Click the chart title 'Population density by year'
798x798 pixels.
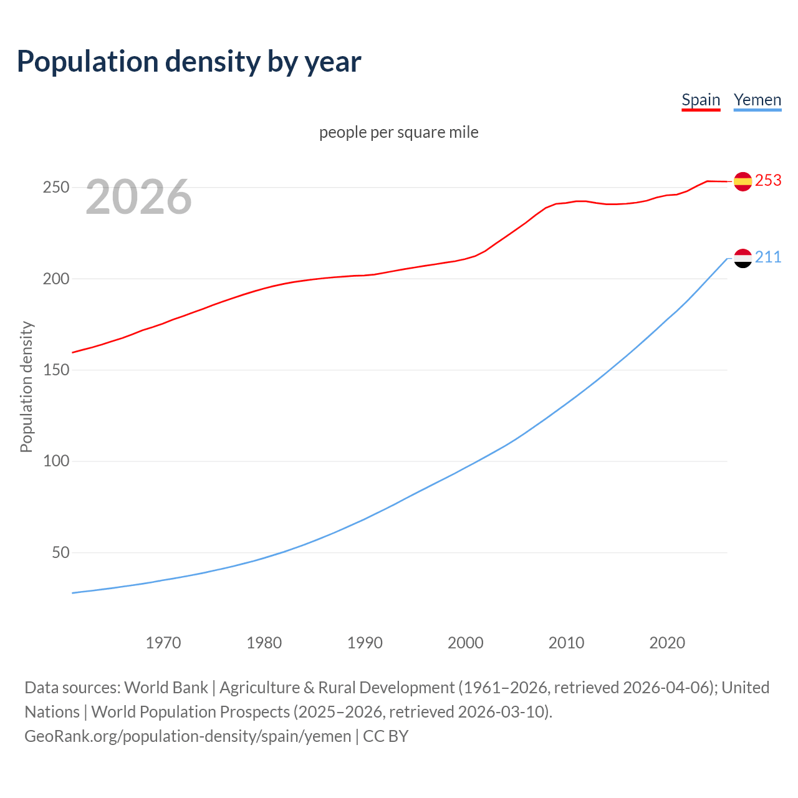(189, 61)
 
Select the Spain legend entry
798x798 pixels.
(701, 100)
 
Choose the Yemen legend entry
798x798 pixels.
(757, 100)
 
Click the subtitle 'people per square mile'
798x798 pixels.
(399, 132)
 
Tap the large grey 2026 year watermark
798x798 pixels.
(138, 197)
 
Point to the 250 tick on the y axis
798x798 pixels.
(55, 188)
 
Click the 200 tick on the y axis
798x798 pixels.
(55, 279)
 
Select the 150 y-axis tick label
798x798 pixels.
(55, 370)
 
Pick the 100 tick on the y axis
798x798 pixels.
(55, 461)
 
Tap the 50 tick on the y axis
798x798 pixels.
(60, 553)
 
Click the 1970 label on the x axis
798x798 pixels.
(163, 643)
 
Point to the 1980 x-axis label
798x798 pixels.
(264, 643)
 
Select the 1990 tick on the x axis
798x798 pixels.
(365, 643)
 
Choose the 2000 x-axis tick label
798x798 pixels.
(466, 643)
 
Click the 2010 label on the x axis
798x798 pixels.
(566, 643)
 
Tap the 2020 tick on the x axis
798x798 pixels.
(667, 643)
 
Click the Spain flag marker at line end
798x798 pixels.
(743, 181)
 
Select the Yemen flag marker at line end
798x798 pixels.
(743, 258)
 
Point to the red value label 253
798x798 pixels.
(768, 181)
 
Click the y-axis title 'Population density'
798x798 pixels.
(26, 387)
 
